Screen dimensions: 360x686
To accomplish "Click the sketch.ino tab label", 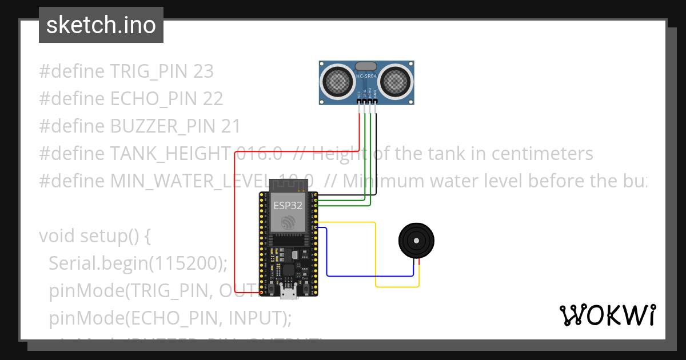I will pos(101,25).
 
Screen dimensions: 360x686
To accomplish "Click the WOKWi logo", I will pos(607,315).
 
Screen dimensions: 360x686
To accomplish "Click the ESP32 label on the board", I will pos(288,206).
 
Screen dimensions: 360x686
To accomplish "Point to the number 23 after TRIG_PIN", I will pos(204,71).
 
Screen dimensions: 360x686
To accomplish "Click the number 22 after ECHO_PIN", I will pos(213,99).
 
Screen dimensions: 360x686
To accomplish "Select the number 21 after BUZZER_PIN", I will pos(231,126).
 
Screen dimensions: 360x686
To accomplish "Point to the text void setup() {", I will pos(94,236).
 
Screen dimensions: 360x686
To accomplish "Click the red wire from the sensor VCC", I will pos(234,229).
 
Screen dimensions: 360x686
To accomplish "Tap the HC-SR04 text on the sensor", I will pos(366,76).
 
